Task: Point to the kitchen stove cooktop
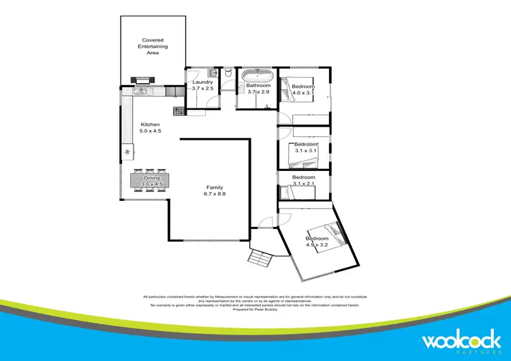[179, 110]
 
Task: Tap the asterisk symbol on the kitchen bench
[127, 151]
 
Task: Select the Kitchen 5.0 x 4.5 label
[150, 128]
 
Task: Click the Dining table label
[152, 180]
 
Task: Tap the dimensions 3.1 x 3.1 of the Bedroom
[305, 151]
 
